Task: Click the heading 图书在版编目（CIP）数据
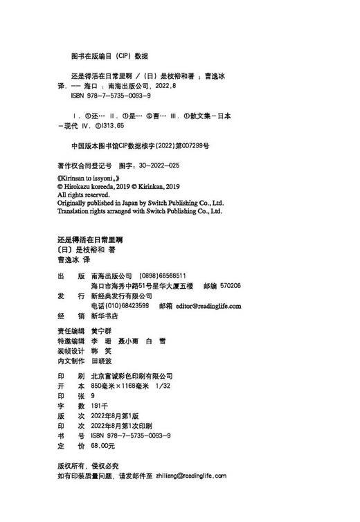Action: point(110,55)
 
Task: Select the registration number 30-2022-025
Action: point(157,166)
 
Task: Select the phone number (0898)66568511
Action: point(163,275)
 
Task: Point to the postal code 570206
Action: point(228,285)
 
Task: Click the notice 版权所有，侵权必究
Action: point(87,466)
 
